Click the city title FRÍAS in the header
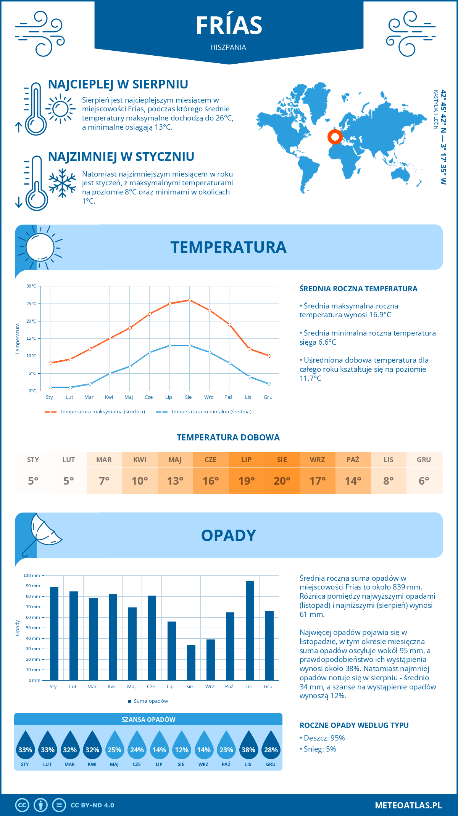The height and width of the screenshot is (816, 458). coord(229,26)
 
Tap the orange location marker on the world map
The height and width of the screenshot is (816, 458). coord(335,137)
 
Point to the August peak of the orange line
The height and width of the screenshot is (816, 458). coord(190,300)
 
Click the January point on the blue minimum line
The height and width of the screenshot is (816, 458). coord(50,387)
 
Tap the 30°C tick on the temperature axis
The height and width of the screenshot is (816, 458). coord(31,286)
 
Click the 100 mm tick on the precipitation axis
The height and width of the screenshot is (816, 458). coord(32,575)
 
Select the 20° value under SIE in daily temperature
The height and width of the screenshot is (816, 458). coord(282,481)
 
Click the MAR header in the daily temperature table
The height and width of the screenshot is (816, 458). coord(104,460)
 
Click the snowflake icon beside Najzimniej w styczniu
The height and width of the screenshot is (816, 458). coord(62,183)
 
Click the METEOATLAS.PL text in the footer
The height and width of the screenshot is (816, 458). coord(408,805)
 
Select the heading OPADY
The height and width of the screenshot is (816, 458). coord(229,536)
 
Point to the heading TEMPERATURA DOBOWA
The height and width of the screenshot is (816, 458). coord(228,437)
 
